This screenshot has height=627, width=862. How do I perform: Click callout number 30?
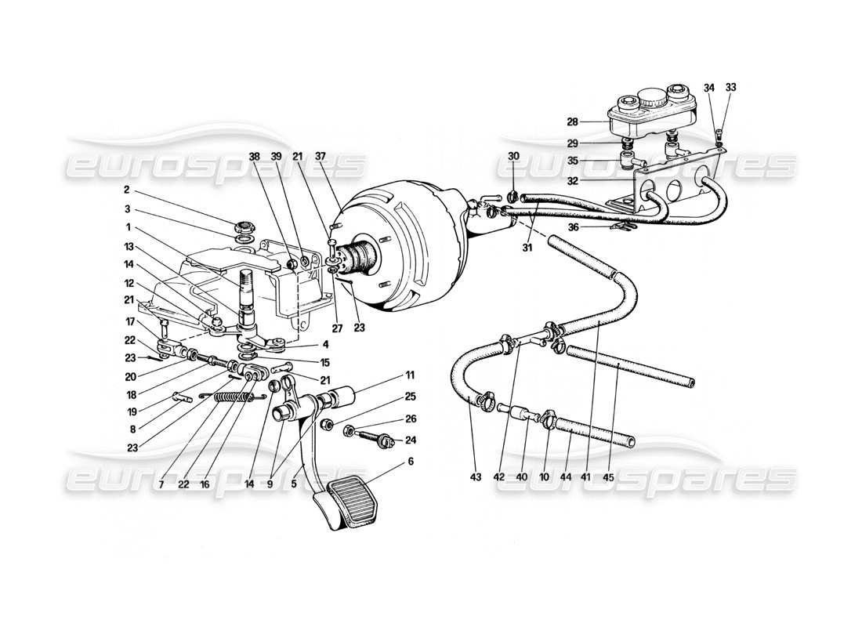pyautogui.click(x=513, y=156)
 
